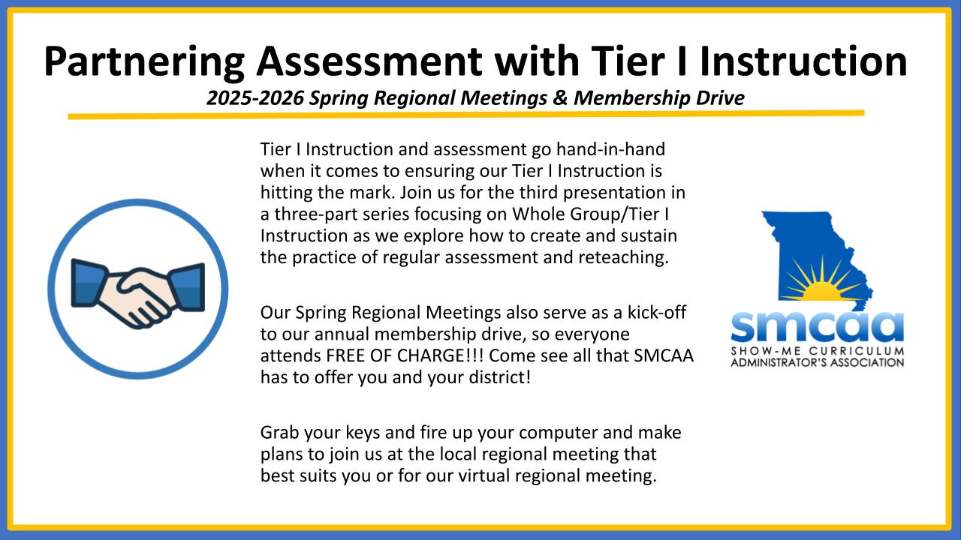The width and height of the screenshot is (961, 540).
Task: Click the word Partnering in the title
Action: pyautogui.click(x=144, y=62)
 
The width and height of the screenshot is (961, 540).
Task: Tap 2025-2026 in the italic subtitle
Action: pyautogui.click(x=255, y=98)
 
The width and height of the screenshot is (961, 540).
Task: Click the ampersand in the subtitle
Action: pyautogui.click(x=560, y=98)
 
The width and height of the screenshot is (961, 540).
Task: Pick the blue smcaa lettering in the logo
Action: pyautogui.click(x=818, y=327)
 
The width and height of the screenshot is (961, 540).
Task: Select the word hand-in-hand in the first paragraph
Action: pyautogui.click(x=610, y=149)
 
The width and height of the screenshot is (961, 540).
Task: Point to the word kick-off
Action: pyautogui.click(x=657, y=312)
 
